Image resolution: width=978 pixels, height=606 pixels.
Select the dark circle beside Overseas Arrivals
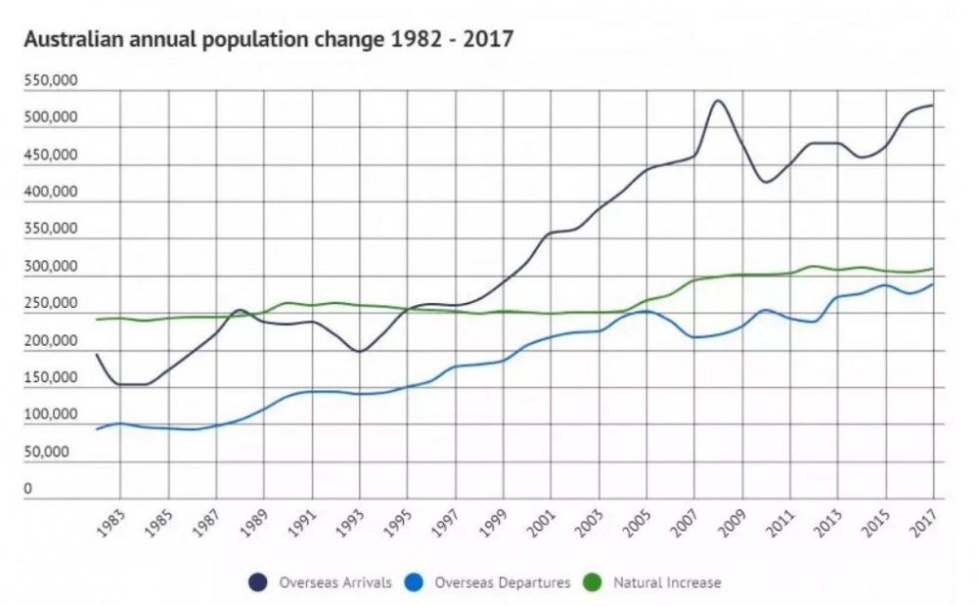[259, 583]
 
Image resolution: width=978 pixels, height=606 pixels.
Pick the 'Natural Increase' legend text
[667, 583]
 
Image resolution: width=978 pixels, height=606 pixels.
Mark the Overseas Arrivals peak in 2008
[718, 100]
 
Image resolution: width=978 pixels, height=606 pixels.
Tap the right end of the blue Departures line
[933, 284]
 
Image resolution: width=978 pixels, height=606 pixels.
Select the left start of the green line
[96, 320]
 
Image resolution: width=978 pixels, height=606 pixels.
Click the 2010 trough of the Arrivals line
[766, 183]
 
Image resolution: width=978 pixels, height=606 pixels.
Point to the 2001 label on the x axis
[544, 526]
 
